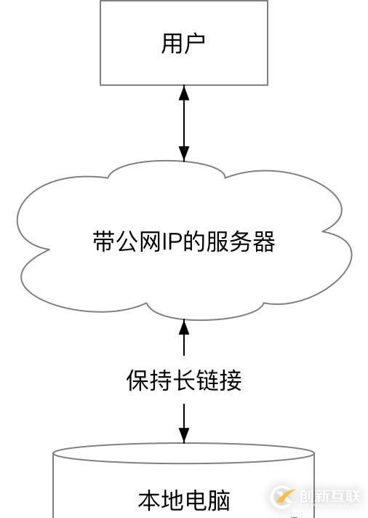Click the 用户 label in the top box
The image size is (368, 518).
[x=183, y=43]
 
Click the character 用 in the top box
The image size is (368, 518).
[x=172, y=43]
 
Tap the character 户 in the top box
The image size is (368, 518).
[x=194, y=43]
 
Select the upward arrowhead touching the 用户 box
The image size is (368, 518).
[x=184, y=93]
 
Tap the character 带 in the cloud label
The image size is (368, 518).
[x=103, y=242]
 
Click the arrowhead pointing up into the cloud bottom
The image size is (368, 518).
[x=184, y=326]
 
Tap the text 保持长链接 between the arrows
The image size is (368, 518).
[x=184, y=380]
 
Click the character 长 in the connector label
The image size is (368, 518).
[x=184, y=380]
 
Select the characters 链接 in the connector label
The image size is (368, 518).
[x=220, y=380]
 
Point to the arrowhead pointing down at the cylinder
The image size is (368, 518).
[x=184, y=435]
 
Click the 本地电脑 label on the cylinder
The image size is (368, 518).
[x=184, y=501]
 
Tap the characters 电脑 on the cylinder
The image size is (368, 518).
[x=208, y=501]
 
